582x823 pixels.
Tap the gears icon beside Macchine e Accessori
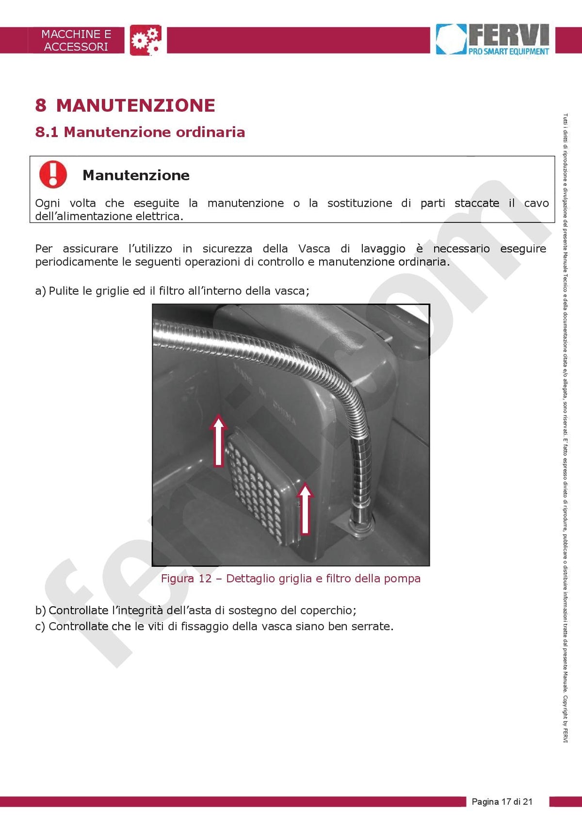[x=145, y=40]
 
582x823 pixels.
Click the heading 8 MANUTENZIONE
[x=125, y=105]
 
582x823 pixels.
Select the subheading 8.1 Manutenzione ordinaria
[x=140, y=132]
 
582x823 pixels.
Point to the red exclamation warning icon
[x=53, y=174]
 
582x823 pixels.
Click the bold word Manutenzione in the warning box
[x=136, y=175]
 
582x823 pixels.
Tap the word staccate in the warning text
[x=477, y=203]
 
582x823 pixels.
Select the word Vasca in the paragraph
[x=314, y=249]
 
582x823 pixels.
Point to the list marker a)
[x=41, y=291]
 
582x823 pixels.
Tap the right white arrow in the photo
[x=305, y=509]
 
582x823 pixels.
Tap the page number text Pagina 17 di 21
[x=502, y=802]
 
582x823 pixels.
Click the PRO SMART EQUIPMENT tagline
[x=508, y=51]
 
